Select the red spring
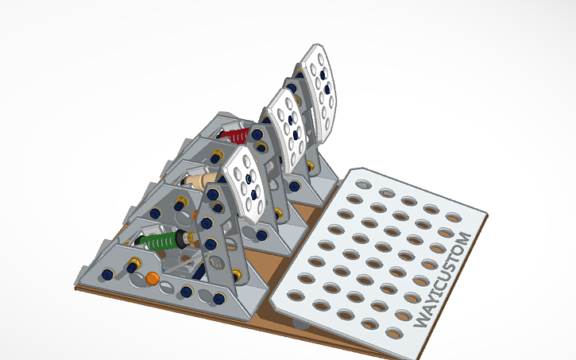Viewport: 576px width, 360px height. [x=235, y=136]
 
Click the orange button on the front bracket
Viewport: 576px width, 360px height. [x=152, y=278]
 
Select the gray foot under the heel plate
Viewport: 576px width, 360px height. [x=300, y=323]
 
